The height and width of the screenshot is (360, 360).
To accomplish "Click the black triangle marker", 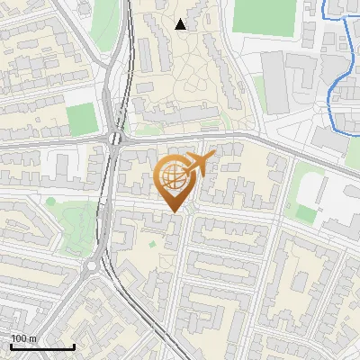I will (181, 24).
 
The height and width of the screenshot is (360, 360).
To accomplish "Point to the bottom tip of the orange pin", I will (173, 211).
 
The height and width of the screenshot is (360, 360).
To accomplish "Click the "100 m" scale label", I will (24, 338).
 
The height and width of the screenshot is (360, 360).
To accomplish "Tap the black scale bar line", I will (42, 346).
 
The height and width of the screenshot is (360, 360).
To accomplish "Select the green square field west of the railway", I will (82, 119).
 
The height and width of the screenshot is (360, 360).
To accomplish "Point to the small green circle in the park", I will (51, 201).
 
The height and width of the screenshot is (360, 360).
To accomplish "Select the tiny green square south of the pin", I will (152, 243).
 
